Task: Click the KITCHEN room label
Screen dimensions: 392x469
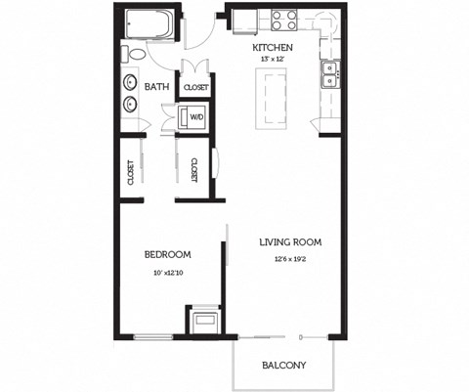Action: tap(273, 47)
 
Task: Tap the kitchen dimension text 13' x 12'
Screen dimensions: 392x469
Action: tap(273, 60)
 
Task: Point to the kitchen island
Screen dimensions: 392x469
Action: tap(270, 101)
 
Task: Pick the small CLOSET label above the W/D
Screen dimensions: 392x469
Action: tap(197, 86)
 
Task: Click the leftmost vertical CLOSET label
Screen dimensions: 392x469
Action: tap(131, 172)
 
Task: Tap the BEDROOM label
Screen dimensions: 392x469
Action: tap(166, 255)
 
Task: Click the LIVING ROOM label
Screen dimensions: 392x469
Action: tap(290, 241)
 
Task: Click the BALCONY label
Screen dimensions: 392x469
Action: tap(284, 367)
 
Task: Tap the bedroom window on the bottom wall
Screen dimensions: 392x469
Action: tap(152, 337)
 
